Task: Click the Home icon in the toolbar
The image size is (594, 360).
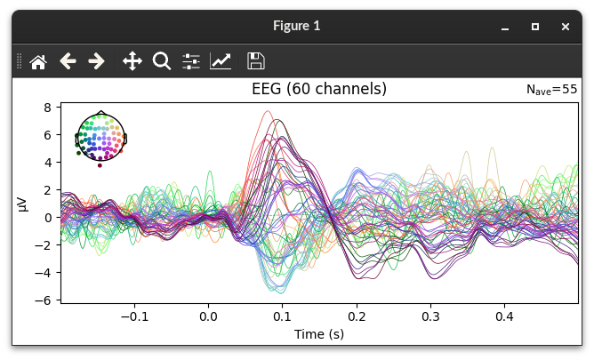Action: pos(38,61)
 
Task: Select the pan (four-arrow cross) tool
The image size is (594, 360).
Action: pos(132,61)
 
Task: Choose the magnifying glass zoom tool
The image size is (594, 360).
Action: pos(161,61)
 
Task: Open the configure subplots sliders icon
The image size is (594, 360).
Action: pos(191,61)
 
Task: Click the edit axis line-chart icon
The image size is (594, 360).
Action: pos(221,61)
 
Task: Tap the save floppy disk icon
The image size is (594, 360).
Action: pos(255,61)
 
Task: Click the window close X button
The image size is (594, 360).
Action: pos(566,27)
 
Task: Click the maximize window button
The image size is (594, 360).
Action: pos(535,27)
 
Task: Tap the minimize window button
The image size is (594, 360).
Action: pos(505,27)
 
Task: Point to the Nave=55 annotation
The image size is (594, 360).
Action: pos(551,90)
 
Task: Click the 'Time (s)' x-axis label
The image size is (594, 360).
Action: pos(319,334)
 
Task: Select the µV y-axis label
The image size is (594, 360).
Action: pos(25,204)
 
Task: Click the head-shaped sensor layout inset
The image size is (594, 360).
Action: pos(101,137)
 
